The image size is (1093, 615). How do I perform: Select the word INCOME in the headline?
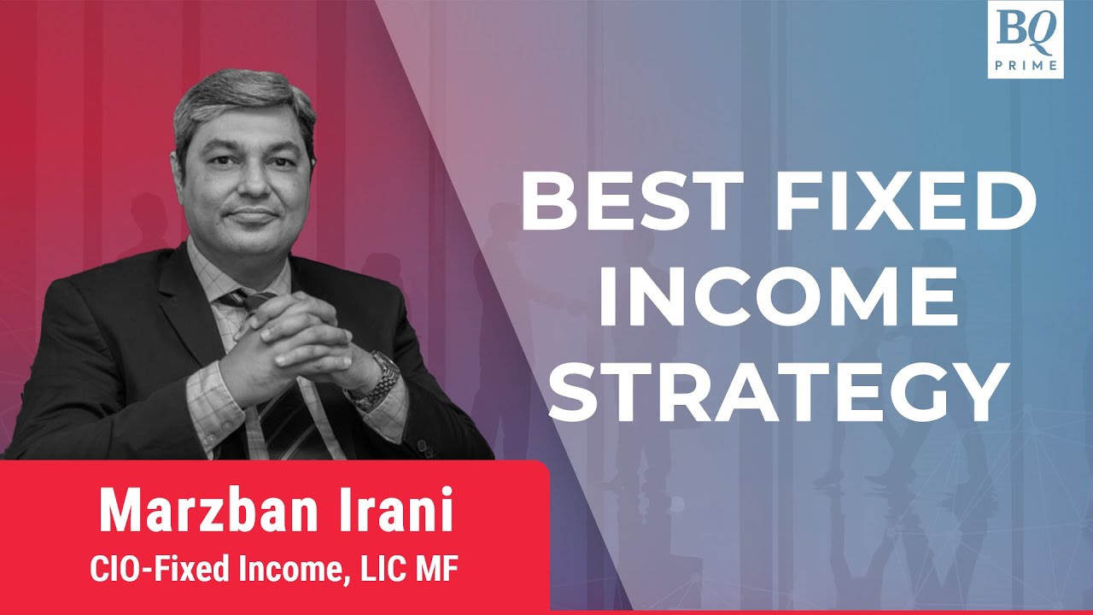[x=777, y=300]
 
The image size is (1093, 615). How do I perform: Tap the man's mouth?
[x=245, y=216]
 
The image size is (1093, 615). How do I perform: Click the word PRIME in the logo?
[x=1025, y=64]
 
